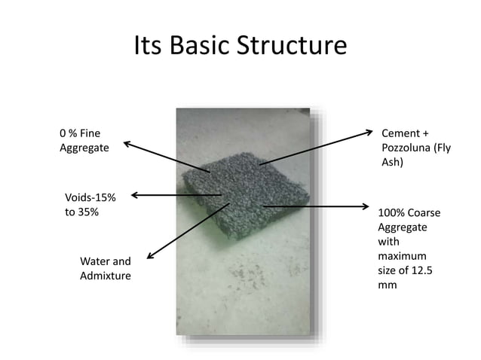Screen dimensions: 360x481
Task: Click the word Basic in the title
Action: click(x=201, y=47)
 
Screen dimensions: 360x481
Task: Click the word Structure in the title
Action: click(x=290, y=47)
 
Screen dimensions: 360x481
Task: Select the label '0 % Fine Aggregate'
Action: click(x=84, y=141)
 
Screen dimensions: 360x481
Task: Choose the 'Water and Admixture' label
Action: click(x=105, y=269)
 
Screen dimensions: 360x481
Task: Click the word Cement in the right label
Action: click(x=402, y=133)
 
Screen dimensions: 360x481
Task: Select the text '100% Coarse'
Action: click(x=409, y=213)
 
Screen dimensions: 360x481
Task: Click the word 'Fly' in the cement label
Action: click(x=443, y=148)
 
